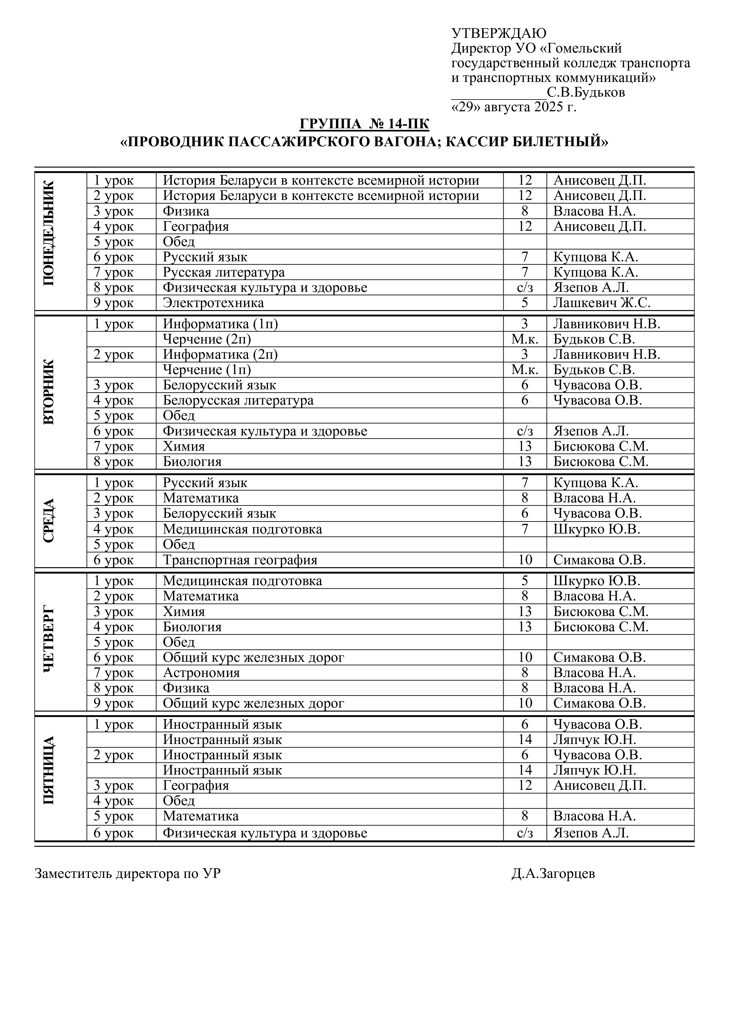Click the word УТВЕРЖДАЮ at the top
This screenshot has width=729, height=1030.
point(499,33)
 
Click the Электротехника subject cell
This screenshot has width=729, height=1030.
point(213,303)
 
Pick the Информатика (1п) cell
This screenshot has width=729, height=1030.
point(220,324)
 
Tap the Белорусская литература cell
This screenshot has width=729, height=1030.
point(238,400)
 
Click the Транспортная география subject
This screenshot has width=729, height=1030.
point(240,560)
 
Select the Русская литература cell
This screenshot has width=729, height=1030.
point(224,272)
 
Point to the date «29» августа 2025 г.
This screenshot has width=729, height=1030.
point(514,107)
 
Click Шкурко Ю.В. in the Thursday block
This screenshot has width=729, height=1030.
point(596,581)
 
